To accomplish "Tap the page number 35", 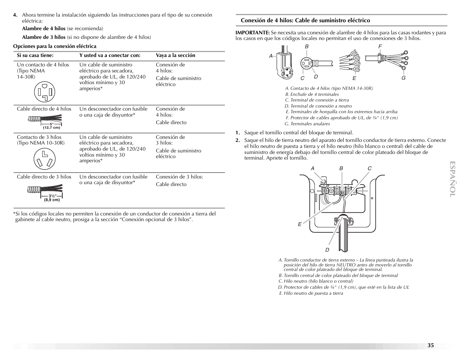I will pos(431,345).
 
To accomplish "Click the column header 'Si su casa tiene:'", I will pos(35,55).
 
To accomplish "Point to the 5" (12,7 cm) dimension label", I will pos(52,126).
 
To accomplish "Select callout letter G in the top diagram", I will pos(403,78).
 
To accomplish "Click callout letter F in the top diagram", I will pos(380,47).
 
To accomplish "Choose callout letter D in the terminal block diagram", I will pos(327,250).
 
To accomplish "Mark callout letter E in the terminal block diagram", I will pos(300,224).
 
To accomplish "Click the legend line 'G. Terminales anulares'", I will pos(307,124).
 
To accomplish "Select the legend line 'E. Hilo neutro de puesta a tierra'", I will pos(311,293).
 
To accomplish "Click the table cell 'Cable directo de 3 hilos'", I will pos(44,177).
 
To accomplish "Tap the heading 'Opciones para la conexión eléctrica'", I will pos(55,46).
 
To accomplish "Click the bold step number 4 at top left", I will pos(15,15).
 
